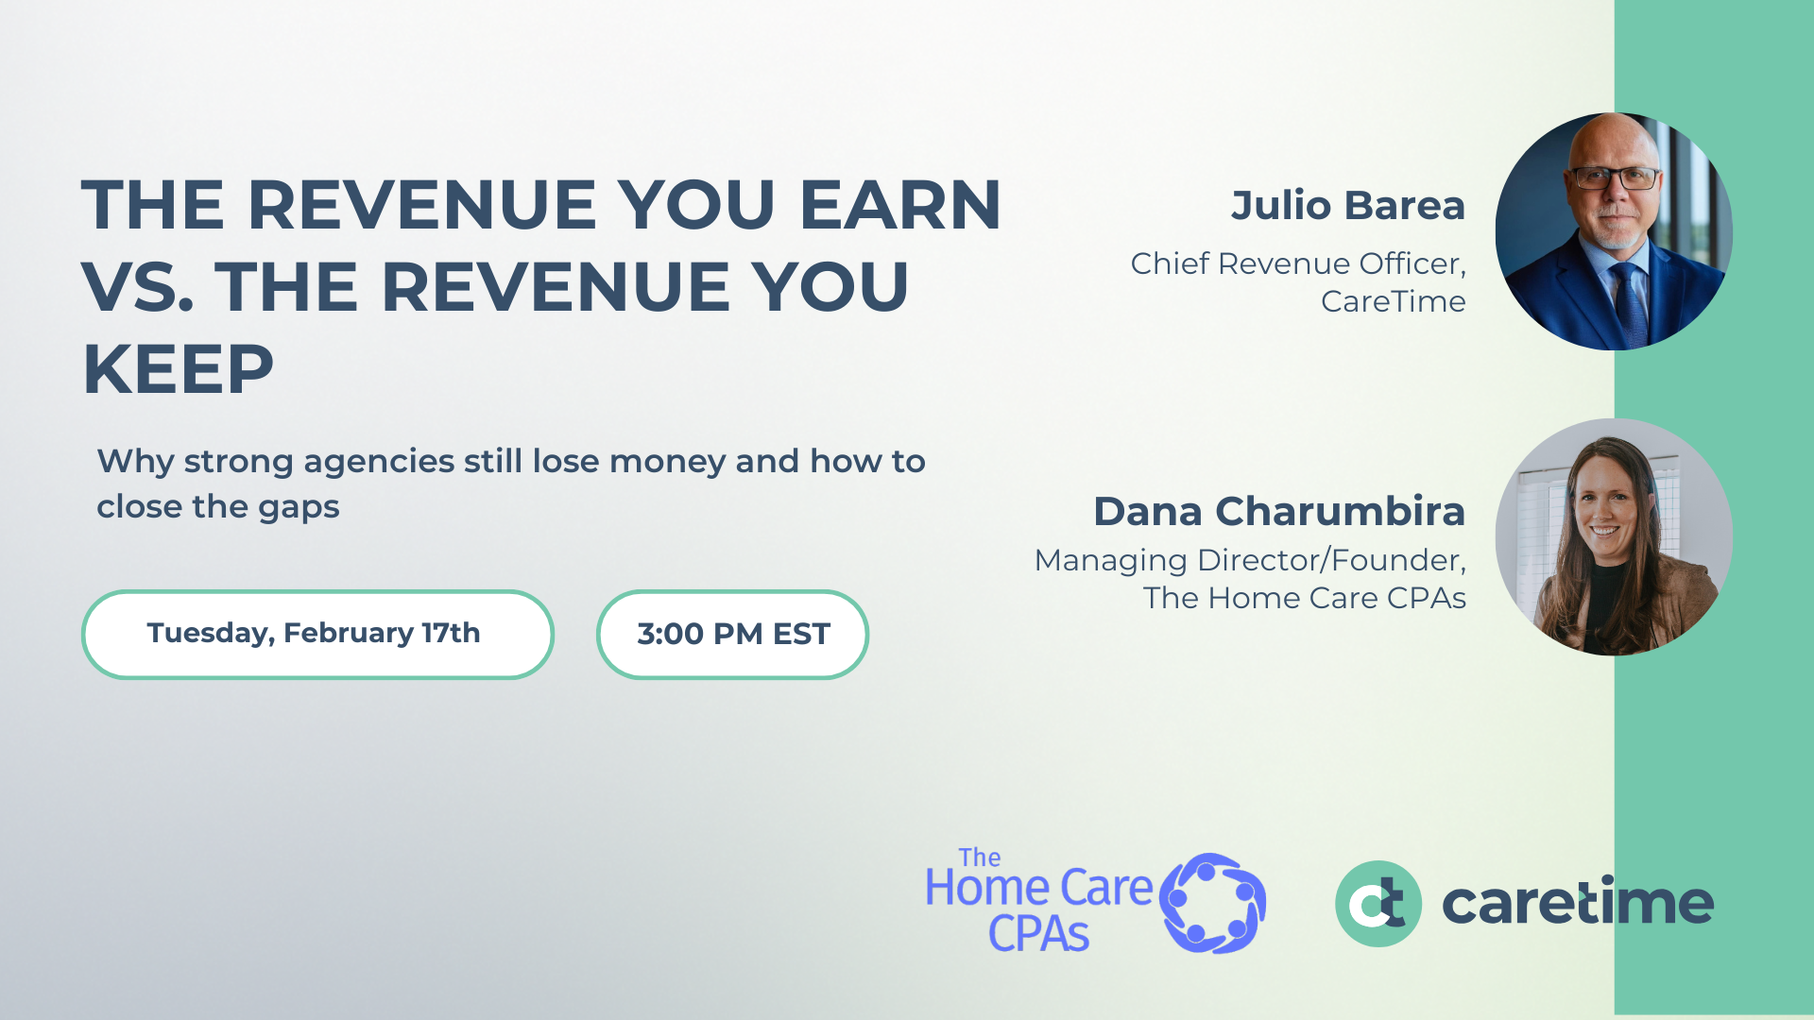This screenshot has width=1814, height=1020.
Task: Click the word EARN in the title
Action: (x=899, y=205)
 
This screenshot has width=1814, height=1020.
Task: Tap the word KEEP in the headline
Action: (x=179, y=369)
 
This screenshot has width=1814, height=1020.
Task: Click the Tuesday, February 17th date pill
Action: (x=317, y=634)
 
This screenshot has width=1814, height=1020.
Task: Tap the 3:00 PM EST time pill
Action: (x=732, y=634)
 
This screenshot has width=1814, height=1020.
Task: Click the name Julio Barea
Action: (x=1347, y=206)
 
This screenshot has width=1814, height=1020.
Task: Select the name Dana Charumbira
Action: (x=1279, y=511)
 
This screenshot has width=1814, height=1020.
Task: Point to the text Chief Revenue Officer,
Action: (x=1297, y=263)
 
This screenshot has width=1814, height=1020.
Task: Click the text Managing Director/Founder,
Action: (x=1249, y=560)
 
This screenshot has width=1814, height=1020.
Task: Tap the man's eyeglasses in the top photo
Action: (x=1614, y=178)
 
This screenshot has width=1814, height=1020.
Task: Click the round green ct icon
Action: (x=1378, y=904)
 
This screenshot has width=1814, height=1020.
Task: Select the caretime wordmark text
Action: (x=1577, y=904)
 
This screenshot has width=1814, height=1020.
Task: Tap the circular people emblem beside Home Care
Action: (x=1213, y=903)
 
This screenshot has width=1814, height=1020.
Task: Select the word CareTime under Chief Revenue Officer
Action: (x=1393, y=301)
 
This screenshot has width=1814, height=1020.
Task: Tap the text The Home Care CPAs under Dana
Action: (x=1304, y=598)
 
